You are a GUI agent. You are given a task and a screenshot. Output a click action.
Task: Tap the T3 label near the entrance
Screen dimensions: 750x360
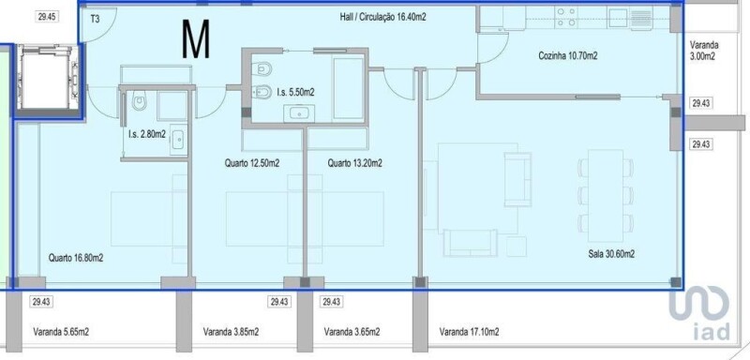(x=96, y=20)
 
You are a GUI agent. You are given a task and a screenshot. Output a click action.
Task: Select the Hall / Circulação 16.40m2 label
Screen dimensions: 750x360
(x=382, y=18)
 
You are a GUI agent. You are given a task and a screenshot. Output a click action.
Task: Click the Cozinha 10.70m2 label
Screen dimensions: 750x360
(x=568, y=56)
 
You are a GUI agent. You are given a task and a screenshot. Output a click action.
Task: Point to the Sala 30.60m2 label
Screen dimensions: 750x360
(x=611, y=254)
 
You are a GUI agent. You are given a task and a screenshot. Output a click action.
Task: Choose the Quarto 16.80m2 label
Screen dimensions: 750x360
(x=76, y=258)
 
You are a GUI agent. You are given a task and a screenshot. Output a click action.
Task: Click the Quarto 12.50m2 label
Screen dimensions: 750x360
(x=252, y=163)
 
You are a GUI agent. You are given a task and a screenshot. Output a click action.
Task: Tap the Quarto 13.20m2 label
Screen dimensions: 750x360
(x=355, y=163)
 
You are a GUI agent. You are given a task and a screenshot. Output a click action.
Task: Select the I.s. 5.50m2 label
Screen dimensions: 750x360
(x=295, y=93)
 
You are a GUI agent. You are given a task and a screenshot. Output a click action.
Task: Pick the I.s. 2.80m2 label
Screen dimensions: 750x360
(x=147, y=135)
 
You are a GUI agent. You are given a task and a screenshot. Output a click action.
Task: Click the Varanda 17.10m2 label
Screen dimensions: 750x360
(x=470, y=332)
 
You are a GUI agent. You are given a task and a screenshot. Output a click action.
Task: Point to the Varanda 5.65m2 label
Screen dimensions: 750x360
(x=61, y=332)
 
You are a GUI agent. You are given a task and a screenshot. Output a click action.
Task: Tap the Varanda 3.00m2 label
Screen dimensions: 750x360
(x=704, y=51)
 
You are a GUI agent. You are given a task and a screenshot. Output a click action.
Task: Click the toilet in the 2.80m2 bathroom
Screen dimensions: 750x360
(x=140, y=102)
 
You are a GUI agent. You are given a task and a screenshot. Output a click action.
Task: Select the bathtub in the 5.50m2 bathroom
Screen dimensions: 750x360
(x=348, y=88)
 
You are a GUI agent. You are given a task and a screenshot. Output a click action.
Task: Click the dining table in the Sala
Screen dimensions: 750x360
(x=606, y=196)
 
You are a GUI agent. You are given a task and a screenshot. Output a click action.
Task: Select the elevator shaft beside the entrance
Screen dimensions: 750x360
(x=48, y=78)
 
